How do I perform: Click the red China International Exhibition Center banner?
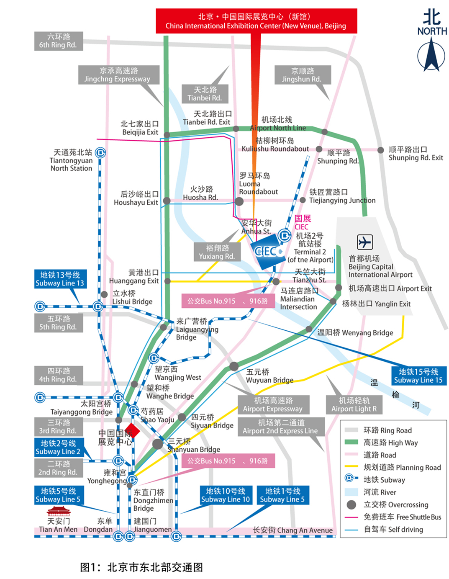[256, 21]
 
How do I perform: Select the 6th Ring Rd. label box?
[58, 41]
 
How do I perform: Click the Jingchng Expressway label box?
[118, 75]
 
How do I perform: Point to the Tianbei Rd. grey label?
[205, 94]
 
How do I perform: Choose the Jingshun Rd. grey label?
[303, 75]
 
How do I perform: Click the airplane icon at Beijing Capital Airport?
[364, 242]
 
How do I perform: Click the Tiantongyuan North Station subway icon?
[100, 153]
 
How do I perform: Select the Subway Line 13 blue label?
[60, 279]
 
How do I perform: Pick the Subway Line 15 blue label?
[418, 376]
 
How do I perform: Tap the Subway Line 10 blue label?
[226, 495]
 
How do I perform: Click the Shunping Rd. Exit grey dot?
[380, 150]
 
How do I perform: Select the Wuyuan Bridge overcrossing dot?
[234, 366]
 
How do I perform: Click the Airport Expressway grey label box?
[273, 405]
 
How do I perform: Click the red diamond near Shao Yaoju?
[133, 432]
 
